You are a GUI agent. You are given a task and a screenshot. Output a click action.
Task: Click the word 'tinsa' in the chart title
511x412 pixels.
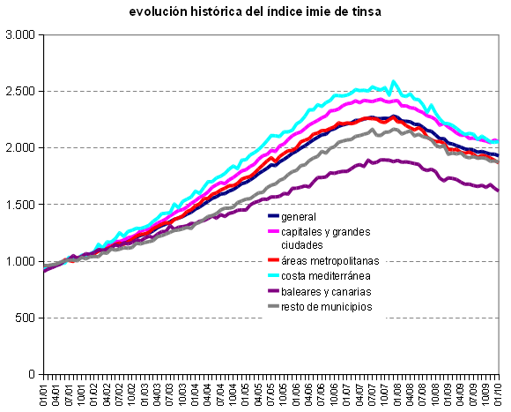click(x=392, y=11)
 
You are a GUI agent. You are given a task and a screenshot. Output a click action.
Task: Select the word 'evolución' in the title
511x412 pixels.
click(x=154, y=11)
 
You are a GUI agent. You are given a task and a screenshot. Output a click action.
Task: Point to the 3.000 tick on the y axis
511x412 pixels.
click(x=19, y=34)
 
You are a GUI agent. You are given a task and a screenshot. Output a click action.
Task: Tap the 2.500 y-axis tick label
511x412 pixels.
click(x=19, y=91)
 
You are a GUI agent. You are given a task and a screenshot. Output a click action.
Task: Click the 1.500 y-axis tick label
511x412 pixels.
click(x=19, y=205)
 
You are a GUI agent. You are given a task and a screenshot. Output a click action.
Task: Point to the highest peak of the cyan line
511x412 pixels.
click(x=394, y=81)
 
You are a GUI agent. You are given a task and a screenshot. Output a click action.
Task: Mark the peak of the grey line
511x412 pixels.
click(x=374, y=130)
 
